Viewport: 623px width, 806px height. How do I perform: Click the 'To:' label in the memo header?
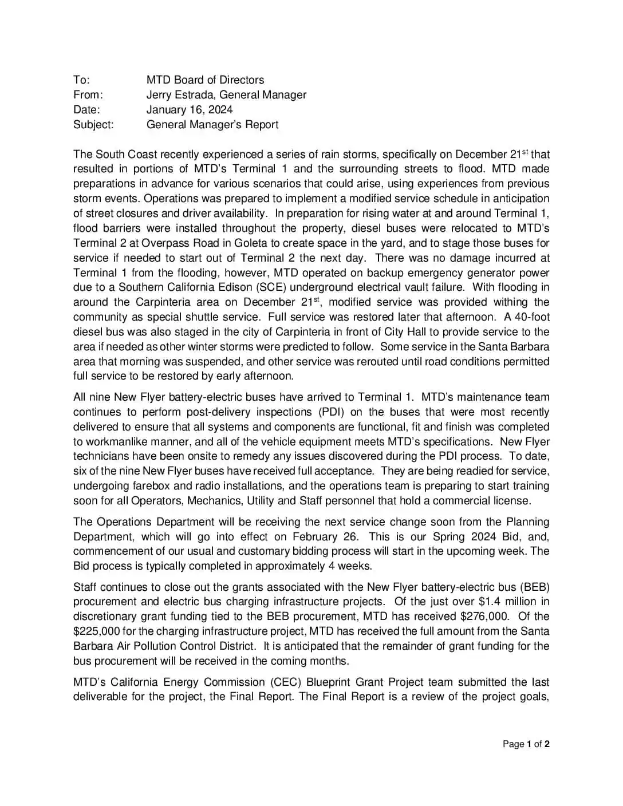point(81,80)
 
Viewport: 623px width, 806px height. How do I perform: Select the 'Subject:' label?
point(93,125)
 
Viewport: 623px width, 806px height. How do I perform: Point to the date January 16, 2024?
point(190,110)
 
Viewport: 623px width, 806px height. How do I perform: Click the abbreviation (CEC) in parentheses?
point(285,682)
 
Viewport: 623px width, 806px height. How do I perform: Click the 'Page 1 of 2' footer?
point(526,744)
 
